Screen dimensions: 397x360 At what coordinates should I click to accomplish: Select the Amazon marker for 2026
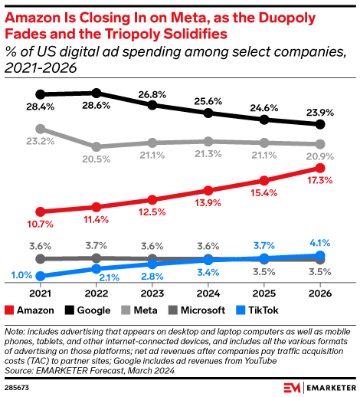tap(320, 168)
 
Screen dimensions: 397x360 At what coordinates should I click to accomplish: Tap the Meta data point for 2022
tap(97, 146)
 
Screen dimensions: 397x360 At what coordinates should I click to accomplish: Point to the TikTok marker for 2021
tap(41, 276)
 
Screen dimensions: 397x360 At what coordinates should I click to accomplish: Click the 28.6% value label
tap(97, 80)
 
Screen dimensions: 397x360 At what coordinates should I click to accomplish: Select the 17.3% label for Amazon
tap(320, 181)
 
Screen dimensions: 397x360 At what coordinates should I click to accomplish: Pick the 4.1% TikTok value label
tap(320, 244)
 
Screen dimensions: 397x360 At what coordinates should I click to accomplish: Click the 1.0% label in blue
tap(21, 274)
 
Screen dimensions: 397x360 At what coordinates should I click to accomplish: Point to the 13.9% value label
tap(208, 202)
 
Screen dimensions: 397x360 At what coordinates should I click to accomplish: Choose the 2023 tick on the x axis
tap(152, 292)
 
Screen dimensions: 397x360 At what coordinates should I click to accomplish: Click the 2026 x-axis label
tap(320, 292)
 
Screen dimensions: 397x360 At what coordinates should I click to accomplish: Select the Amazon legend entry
tap(30, 310)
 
